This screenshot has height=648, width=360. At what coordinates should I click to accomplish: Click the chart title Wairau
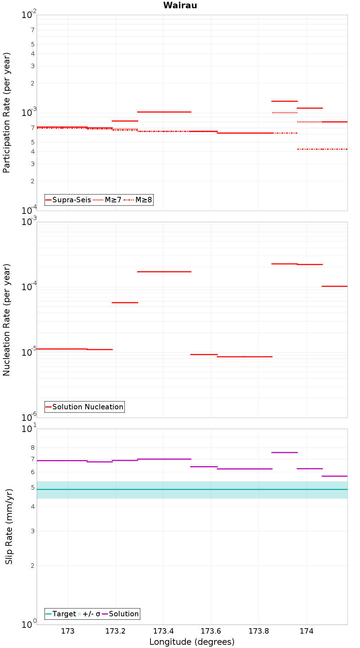pos(180,5)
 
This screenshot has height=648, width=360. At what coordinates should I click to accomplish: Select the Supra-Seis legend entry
pos(68,200)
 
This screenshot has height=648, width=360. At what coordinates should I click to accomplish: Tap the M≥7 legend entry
pos(108,200)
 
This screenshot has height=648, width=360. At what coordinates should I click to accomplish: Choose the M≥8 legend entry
pos(138,200)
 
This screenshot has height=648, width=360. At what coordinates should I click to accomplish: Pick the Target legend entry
pos(61,614)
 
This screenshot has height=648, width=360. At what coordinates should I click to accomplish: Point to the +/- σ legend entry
pos(89,614)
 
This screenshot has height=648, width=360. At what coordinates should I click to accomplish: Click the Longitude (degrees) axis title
pos(192,642)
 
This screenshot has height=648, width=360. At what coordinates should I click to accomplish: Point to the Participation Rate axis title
pos(6,113)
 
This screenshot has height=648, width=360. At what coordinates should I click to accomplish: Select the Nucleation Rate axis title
pos(6,320)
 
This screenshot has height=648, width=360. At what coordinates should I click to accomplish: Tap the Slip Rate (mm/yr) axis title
pos(9,526)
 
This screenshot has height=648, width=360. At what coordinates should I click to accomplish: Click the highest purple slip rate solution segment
pos(284,453)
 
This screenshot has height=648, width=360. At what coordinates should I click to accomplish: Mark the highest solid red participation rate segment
pos(284,101)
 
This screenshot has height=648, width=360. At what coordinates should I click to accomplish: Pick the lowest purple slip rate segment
pos(335,476)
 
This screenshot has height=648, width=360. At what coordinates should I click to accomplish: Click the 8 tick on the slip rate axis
pos(33,448)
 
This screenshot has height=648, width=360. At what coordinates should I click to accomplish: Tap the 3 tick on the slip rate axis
pos(33,531)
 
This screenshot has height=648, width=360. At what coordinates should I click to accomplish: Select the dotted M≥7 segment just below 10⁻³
pos(285,113)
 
